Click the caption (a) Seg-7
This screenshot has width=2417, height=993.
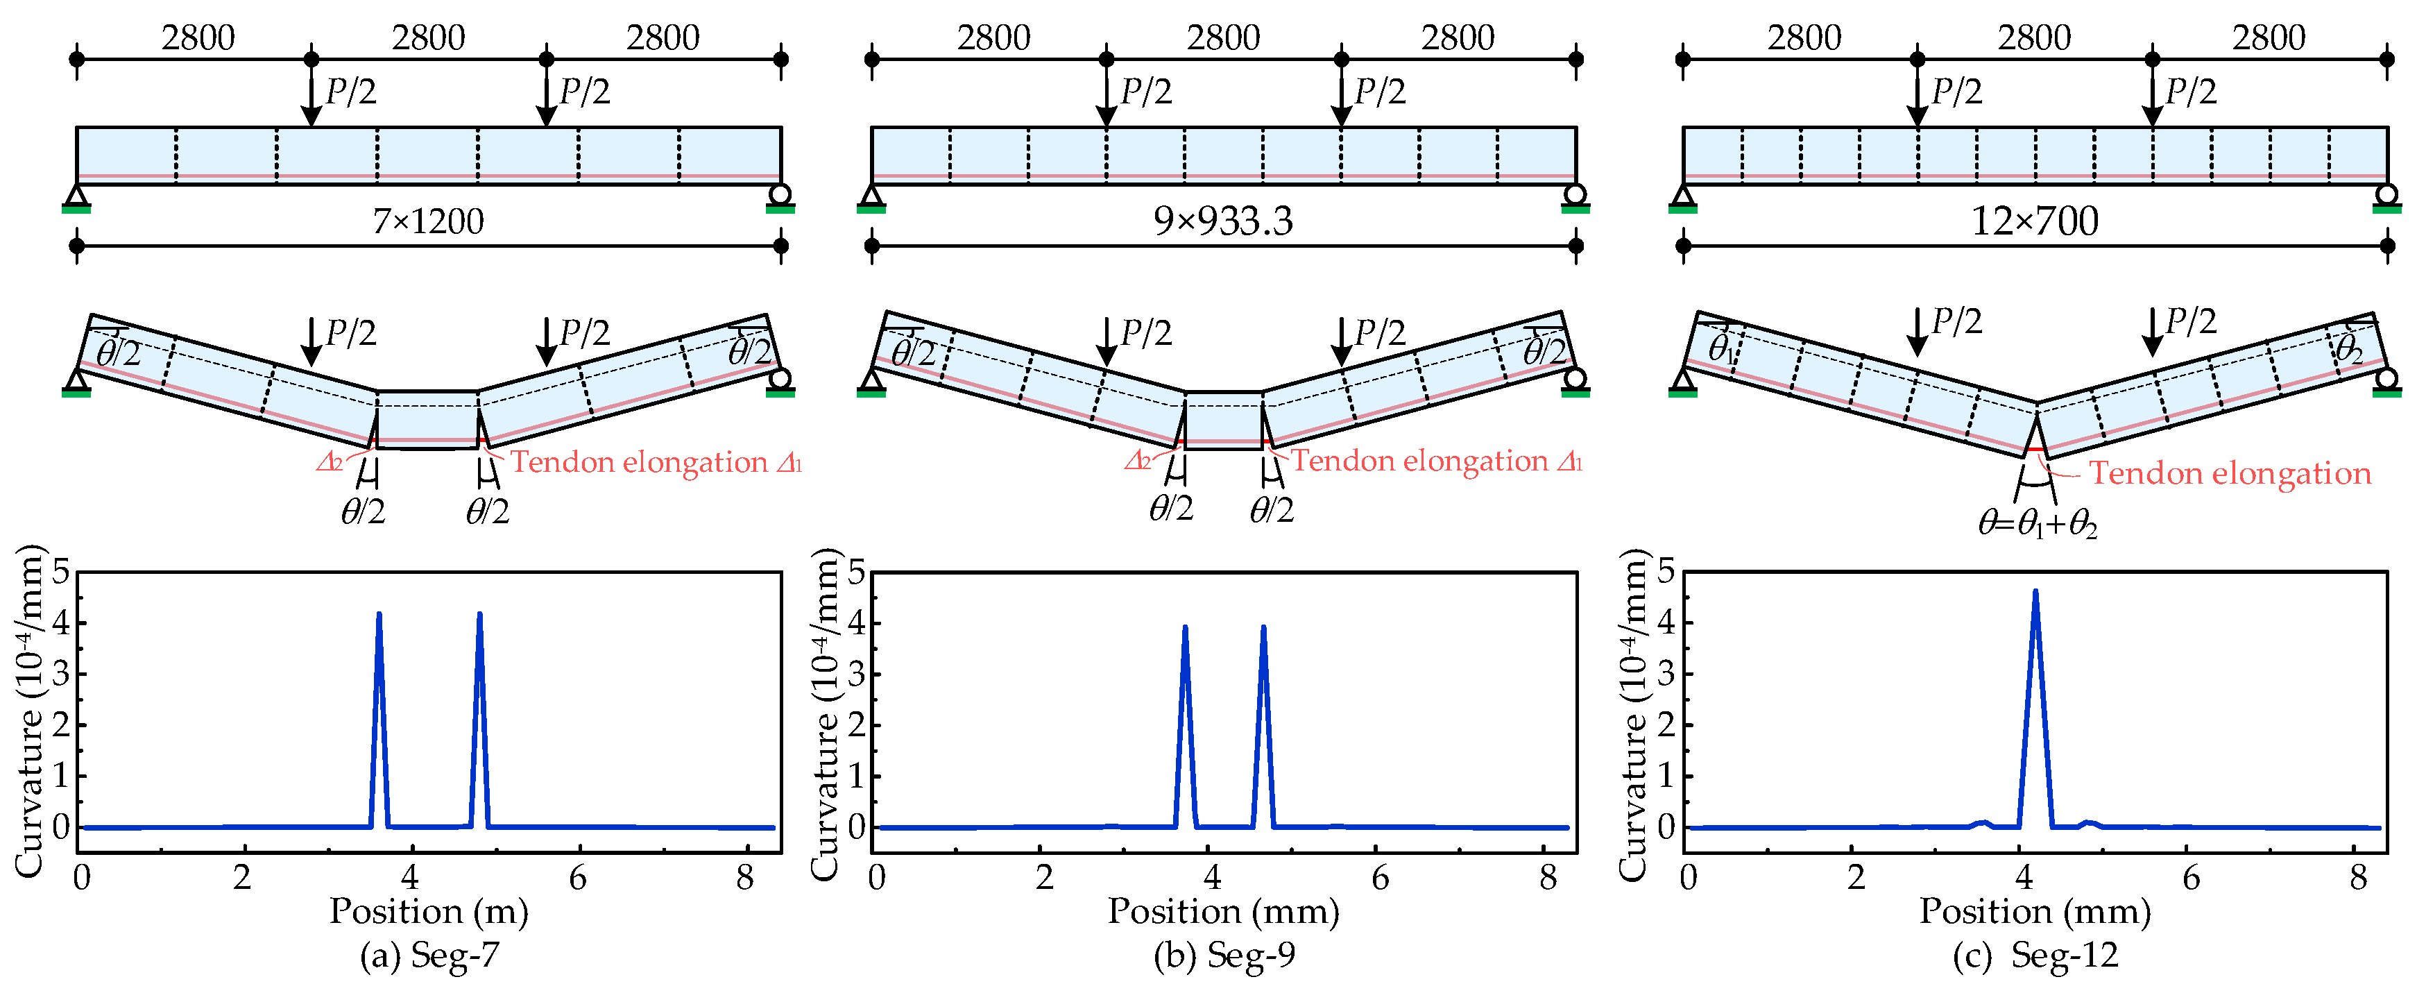pos(429,956)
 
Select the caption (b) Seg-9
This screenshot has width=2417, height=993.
pos(1224,956)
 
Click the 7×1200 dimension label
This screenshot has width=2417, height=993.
pos(428,221)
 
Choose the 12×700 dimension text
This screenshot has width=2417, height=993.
pos(2034,221)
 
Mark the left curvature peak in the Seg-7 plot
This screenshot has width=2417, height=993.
pos(379,616)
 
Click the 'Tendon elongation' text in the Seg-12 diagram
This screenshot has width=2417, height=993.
pos(2230,473)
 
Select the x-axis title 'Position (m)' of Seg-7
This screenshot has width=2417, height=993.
pos(429,911)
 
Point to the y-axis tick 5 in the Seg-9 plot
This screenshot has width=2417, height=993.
pos(855,572)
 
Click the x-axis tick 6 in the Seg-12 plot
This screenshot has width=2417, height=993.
pos(2191,878)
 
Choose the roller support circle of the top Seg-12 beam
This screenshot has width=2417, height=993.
pos(2387,194)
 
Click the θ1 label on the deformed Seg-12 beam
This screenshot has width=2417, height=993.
pos(1720,348)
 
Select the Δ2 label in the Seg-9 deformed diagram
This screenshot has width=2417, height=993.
pos(1137,460)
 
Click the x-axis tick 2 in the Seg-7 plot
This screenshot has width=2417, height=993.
pos(243,878)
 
